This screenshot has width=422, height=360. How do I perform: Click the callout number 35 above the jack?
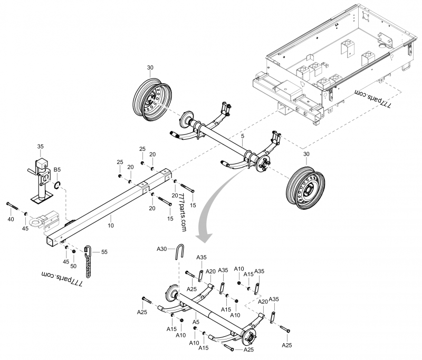(41, 146)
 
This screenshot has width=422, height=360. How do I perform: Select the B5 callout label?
(57, 170)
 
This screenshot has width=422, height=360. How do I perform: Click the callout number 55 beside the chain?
(104, 252)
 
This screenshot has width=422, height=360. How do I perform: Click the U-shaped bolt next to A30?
(180, 254)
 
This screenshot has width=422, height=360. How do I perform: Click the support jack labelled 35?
(40, 179)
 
